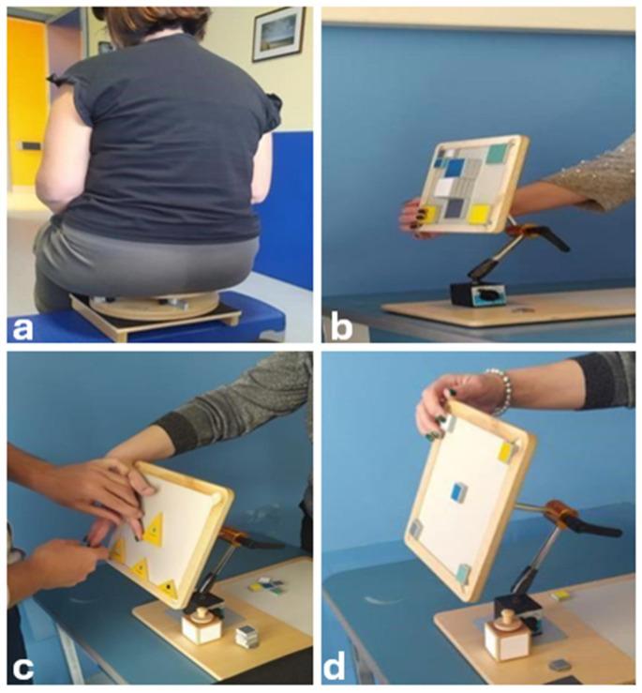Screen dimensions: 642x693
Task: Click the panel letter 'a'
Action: (x=23, y=329)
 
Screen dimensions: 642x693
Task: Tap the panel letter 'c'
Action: (x=22, y=670)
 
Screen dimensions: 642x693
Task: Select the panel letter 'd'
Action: (x=335, y=666)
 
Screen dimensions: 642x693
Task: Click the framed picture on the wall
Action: (x=279, y=34)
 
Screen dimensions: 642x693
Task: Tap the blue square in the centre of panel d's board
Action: (x=459, y=491)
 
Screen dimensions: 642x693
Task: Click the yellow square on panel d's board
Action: (x=505, y=452)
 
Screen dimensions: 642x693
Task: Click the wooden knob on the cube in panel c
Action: (x=202, y=615)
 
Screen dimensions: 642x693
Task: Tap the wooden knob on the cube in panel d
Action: (x=505, y=616)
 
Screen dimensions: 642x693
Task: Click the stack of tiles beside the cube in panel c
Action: (x=245, y=637)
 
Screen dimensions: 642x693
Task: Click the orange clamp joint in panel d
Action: (x=561, y=515)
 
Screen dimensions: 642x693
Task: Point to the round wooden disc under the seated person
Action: (x=154, y=307)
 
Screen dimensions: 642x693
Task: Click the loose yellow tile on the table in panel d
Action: (x=559, y=595)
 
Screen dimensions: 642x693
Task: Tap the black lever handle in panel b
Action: (x=552, y=239)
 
